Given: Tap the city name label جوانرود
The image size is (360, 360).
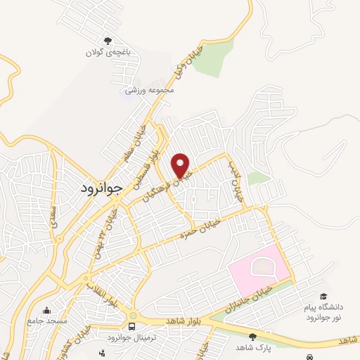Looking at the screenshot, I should point(98,188).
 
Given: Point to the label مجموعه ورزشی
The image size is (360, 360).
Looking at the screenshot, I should point(149,90).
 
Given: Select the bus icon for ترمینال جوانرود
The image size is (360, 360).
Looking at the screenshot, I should point(133,327).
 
